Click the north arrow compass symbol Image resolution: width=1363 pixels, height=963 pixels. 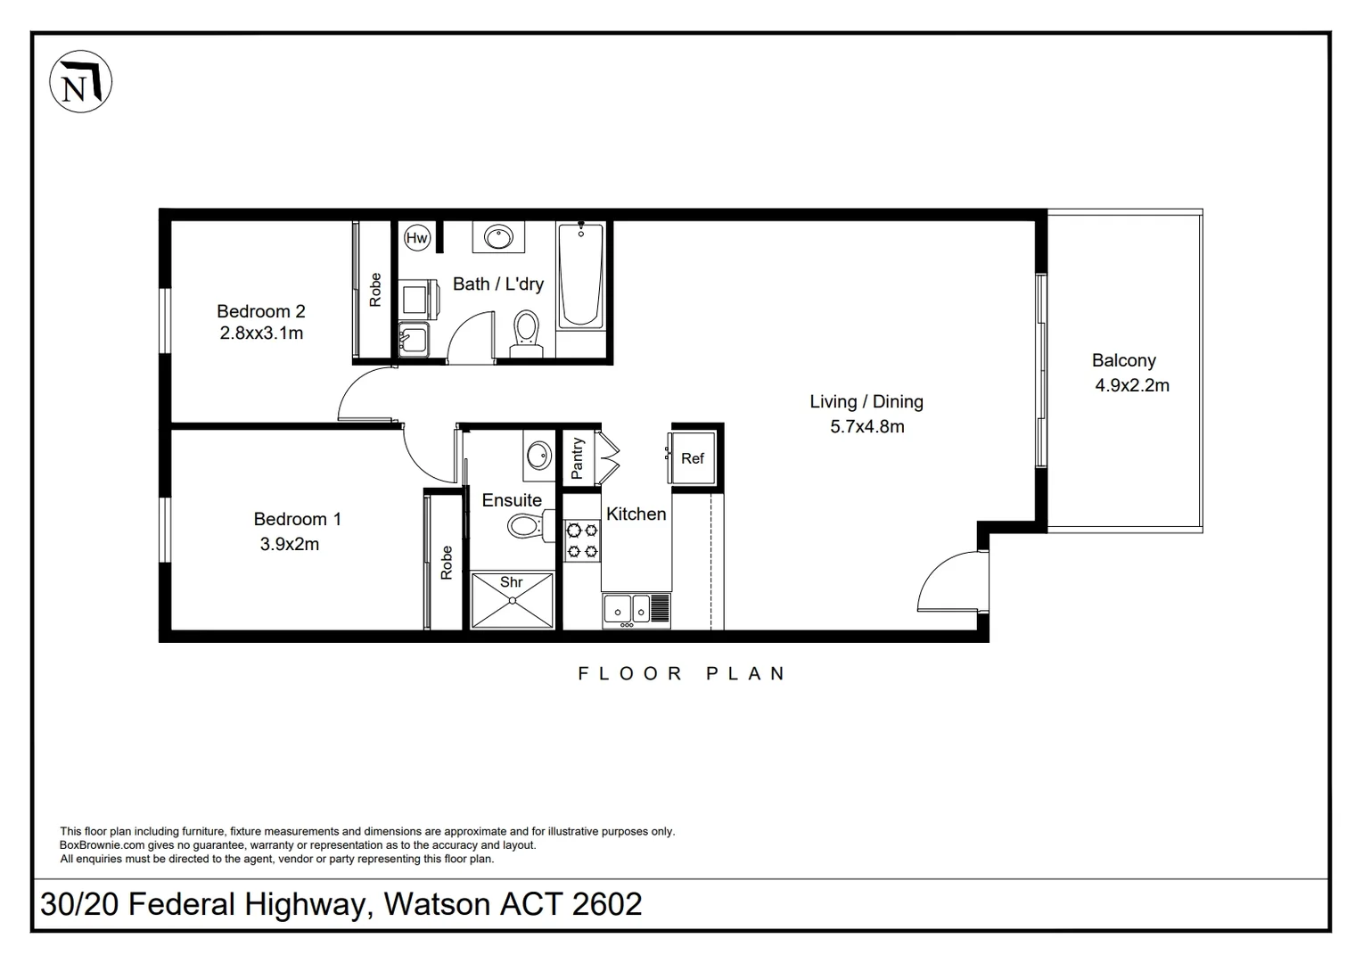pyautogui.click(x=81, y=81)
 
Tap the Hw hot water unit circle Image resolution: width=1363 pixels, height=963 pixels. pyautogui.click(x=416, y=237)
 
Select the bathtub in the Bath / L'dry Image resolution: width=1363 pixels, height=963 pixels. pyautogui.click(x=580, y=276)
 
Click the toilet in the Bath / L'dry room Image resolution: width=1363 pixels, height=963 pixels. pyautogui.click(x=526, y=333)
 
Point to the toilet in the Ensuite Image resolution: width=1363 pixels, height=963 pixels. pyautogui.click(x=525, y=525)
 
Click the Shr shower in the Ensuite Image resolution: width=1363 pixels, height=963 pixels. pyautogui.click(x=512, y=600)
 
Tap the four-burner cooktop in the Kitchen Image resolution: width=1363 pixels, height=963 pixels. pyautogui.click(x=582, y=540)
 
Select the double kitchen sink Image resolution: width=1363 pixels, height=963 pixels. pyautogui.click(x=628, y=609)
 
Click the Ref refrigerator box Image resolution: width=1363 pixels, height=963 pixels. pyautogui.click(x=693, y=458)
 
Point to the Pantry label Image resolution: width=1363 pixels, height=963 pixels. pyautogui.click(x=577, y=457)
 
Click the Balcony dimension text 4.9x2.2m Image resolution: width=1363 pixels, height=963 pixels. pyautogui.click(x=1132, y=385)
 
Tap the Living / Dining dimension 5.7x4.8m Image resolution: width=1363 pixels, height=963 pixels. pyautogui.click(x=866, y=426)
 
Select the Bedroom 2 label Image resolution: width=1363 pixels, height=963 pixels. pyautogui.click(x=261, y=311)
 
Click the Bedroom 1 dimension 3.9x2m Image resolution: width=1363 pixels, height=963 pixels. pyautogui.click(x=289, y=544)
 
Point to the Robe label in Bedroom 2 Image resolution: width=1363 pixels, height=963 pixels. pyautogui.click(x=375, y=291)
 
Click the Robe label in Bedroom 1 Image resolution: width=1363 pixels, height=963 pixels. pyautogui.click(x=447, y=563)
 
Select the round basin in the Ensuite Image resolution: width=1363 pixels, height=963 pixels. pyautogui.click(x=538, y=456)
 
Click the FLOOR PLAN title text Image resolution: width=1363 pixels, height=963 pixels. pyautogui.click(x=681, y=673)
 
